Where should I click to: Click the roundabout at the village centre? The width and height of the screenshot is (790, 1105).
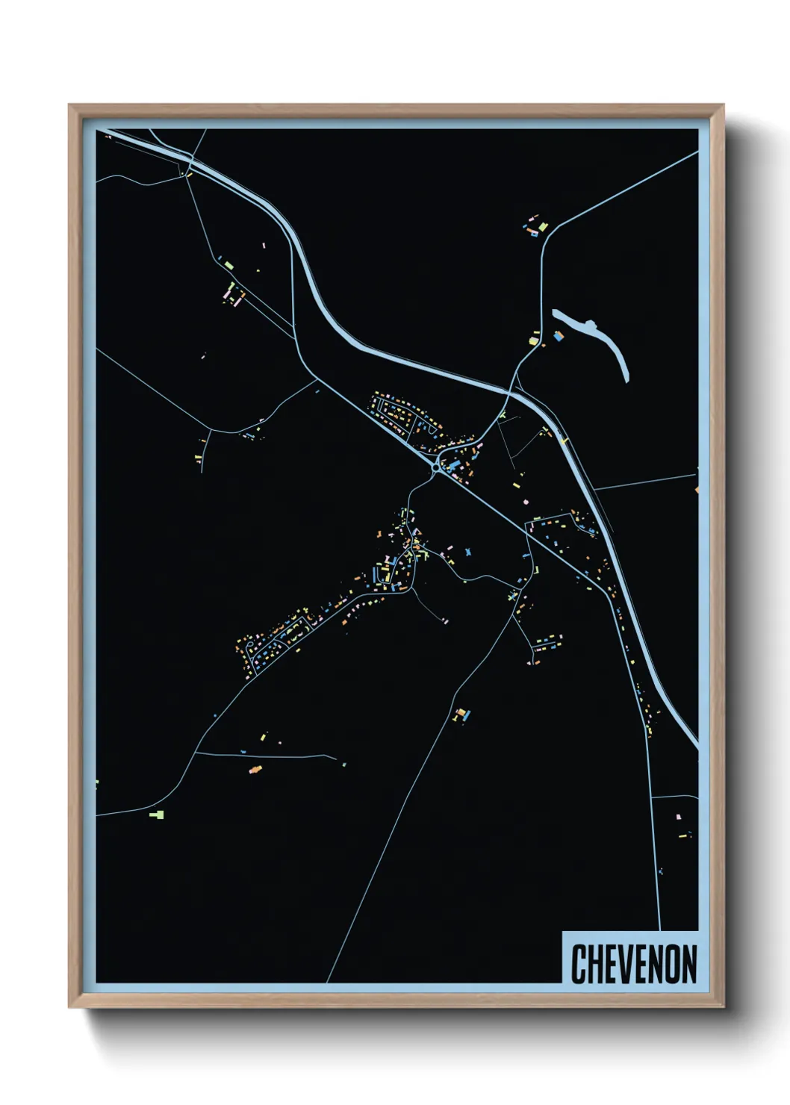435,469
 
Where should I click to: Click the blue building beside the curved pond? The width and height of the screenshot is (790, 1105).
557,337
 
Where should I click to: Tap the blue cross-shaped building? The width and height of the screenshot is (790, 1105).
468,552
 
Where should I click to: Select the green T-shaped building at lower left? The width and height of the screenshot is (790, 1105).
157,814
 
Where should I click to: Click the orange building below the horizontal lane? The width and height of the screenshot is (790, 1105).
255,769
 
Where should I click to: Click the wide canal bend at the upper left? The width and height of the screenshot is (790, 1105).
299,246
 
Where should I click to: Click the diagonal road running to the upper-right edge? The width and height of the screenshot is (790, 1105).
627,187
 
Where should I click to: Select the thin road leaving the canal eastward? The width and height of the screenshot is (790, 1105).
646,482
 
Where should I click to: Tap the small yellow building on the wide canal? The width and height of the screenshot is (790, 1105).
564,441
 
